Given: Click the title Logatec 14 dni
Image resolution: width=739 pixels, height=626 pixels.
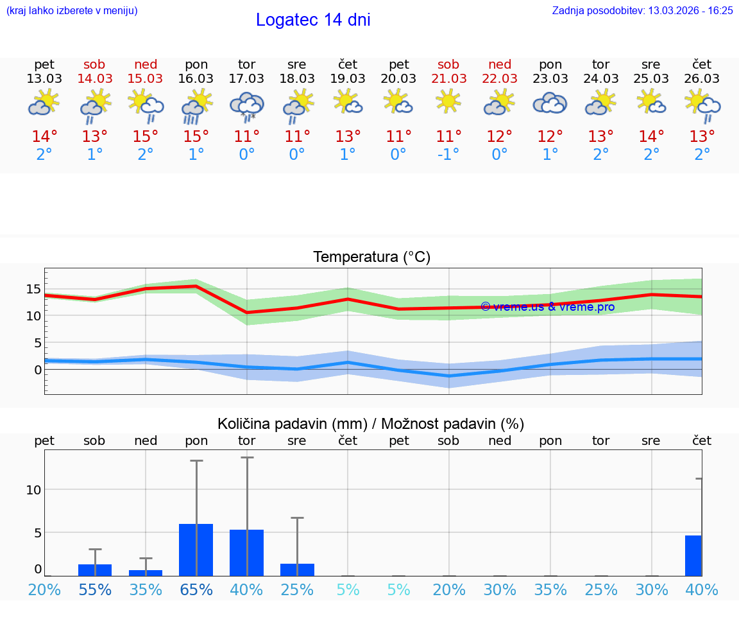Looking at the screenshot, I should [313, 20].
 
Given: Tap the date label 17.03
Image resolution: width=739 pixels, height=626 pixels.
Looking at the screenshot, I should [246, 78].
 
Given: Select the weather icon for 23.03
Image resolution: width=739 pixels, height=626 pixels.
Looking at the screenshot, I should [550, 103].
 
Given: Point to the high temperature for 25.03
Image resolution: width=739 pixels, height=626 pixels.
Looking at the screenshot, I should [651, 137].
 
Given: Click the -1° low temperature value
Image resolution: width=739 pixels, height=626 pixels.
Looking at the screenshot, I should [448, 155].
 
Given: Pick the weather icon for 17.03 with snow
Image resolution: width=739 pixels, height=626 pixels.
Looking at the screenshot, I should [246, 105].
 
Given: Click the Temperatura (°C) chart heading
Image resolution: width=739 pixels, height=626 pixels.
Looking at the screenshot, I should [371, 257].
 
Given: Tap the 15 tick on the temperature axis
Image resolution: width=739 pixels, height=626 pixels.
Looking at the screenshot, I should [33, 289].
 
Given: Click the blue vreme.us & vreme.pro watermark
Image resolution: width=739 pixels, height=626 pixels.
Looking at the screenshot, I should [547, 307].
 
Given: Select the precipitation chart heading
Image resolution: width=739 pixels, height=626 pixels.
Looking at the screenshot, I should [371, 424].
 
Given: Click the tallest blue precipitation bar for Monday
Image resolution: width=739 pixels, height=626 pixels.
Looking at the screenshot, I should [196, 550].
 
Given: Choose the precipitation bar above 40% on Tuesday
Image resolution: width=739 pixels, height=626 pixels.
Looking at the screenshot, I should [246, 552].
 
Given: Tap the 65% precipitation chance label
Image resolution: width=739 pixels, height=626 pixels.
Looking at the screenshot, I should [196, 589].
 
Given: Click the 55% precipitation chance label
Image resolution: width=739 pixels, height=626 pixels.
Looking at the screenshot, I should [95, 589].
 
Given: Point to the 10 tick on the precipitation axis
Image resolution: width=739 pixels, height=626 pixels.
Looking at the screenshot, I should [33, 489].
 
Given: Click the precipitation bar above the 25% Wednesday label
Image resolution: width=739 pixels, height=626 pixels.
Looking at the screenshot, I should [297, 569].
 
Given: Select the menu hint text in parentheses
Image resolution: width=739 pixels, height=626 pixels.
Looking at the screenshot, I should [71, 10].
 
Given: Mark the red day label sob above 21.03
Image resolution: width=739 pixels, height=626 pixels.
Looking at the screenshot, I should [448, 64].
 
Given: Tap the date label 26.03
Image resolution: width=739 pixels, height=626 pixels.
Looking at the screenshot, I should [702, 78].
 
